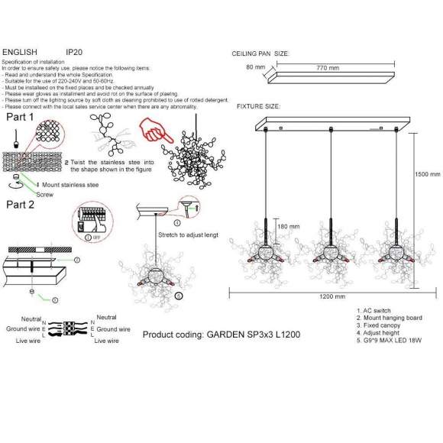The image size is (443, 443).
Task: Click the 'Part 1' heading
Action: tap(20, 118)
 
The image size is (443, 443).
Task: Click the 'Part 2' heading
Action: tap(20, 205)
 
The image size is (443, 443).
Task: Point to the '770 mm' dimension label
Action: tap(328, 68)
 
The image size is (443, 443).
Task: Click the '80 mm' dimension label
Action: tap(255, 67)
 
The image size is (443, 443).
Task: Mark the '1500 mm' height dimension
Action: tap(428, 174)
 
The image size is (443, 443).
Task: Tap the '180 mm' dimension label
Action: tap(288, 226)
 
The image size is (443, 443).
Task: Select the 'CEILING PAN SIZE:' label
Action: tap(260, 54)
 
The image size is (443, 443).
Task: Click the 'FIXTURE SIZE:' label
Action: tap(257, 106)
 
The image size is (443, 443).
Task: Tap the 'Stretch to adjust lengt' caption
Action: tap(187, 235)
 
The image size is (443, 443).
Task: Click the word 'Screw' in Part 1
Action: tap(45, 194)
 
